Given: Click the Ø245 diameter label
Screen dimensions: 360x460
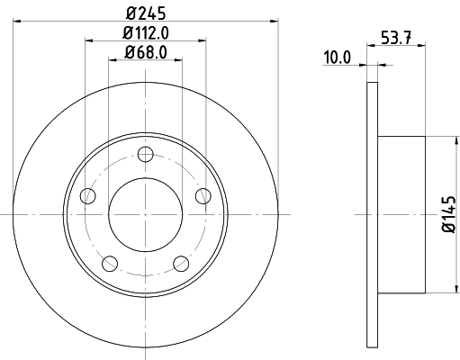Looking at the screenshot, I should coord(145,13).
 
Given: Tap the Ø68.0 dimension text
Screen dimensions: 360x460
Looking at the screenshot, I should coord(145,53).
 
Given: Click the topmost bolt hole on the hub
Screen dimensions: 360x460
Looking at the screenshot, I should coord(145,153).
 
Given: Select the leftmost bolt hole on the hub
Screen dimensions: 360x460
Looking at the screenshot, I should coord(87,195).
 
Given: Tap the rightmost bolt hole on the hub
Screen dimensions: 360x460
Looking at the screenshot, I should coord(203,195).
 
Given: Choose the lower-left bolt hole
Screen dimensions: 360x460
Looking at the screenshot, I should coord(110,263).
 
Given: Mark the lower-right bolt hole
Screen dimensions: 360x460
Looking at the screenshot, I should coord(180,263).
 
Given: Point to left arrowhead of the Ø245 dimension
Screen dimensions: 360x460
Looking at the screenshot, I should coord(17,21).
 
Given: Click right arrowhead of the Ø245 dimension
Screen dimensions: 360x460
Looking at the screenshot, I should coord(272,21).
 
